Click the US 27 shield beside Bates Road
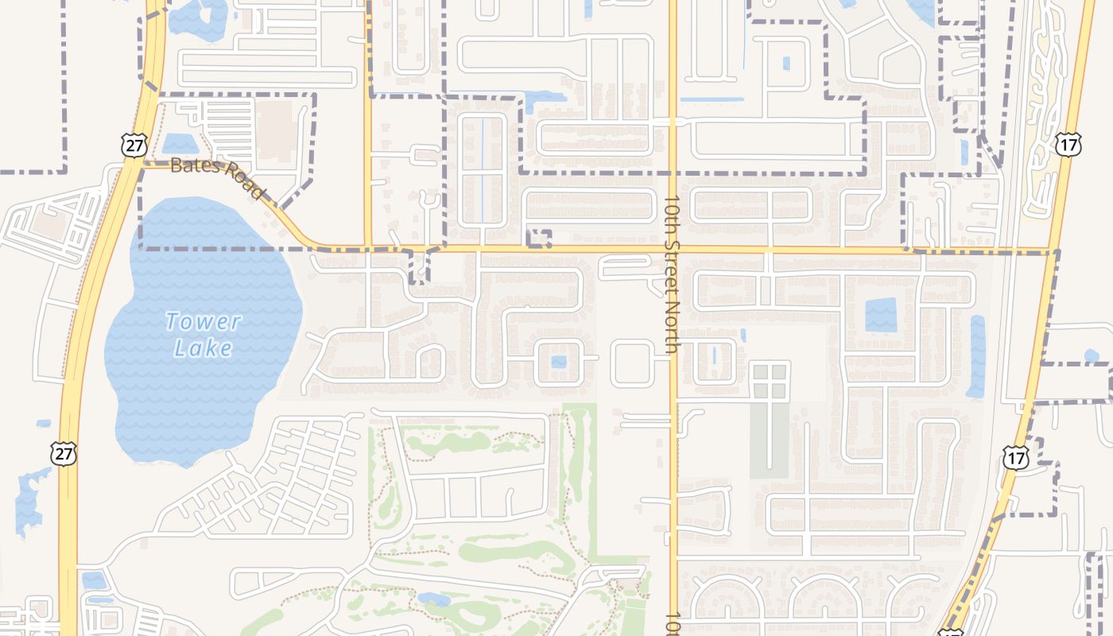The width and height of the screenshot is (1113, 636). (x=133, y=145)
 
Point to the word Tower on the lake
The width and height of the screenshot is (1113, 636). (x=203, y=322)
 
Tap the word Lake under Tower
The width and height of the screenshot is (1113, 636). (x=205, y=348)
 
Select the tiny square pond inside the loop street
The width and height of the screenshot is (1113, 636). (x=559, y=363)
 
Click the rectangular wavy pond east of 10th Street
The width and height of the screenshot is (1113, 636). (x=880, y=314)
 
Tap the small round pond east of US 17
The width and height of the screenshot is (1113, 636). (x=1092, y=355)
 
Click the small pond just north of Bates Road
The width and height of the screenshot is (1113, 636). (x=179, y=144)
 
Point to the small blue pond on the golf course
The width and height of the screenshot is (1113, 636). (x=434, y=599)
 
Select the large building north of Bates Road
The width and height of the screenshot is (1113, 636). (x=275, y=130)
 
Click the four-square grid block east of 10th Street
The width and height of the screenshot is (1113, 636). (x=770, y=381)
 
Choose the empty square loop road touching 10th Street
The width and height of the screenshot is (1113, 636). (x=633, y=363)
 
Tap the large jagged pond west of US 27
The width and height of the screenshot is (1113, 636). (x=30, y=498)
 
